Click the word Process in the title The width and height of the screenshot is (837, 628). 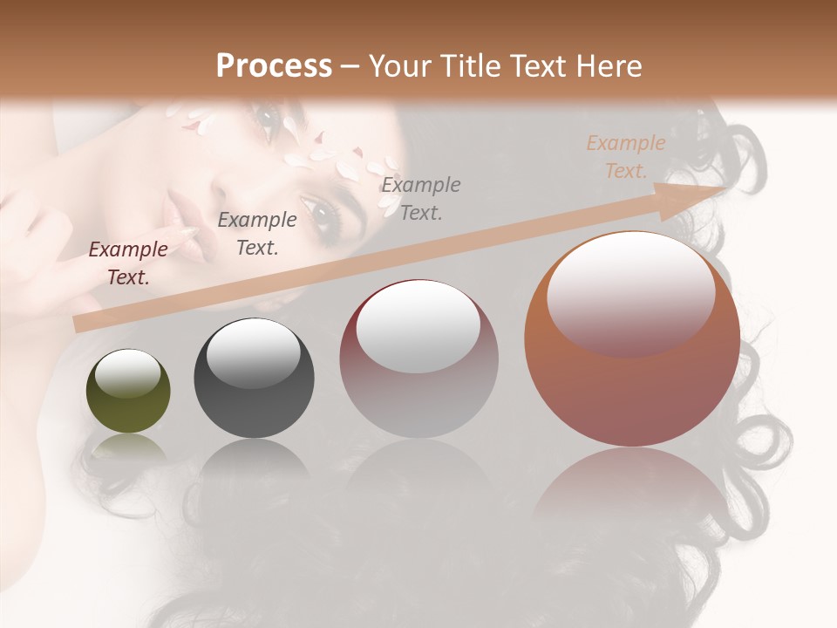tap(274, 66)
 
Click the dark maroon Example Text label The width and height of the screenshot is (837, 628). tap(128, 263)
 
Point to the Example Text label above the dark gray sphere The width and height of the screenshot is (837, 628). tap(256, 233)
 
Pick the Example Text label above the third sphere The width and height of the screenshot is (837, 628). tap(421, 198)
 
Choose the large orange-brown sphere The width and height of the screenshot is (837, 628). tap(632, 384)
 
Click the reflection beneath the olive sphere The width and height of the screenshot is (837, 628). tap(128, 449)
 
